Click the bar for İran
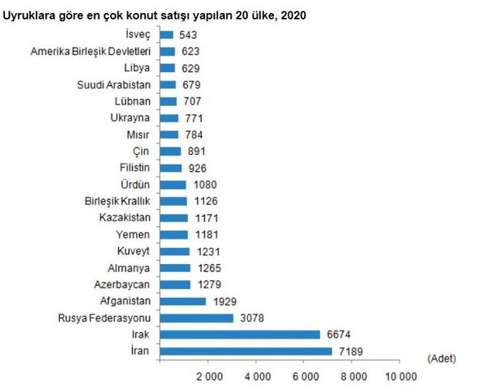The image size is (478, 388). pos(245,351)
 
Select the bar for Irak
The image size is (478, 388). pos(240,335)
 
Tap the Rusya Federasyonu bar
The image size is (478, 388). pos(197,318)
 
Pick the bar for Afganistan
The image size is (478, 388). pos(183,301)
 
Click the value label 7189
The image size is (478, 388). pos(351,352)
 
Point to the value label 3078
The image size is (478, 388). pos(252,318)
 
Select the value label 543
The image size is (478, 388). pos(188,35)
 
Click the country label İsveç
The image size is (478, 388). pos(138,35)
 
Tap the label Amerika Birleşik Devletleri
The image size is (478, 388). pos(91,51)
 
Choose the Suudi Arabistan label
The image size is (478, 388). pos(113,85)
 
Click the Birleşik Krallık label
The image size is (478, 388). pos(117,201)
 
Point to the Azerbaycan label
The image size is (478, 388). pos(122,284)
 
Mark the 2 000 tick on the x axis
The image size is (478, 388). pos(210,377)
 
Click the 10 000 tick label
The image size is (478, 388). pos(401,377)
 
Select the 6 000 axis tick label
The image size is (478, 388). pos(305,377)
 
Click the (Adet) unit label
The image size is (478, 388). pos(442,359)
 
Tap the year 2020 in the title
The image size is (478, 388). pos(293,15)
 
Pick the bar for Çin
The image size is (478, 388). pos(170,151)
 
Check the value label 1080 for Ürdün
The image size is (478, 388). pos(205,185)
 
